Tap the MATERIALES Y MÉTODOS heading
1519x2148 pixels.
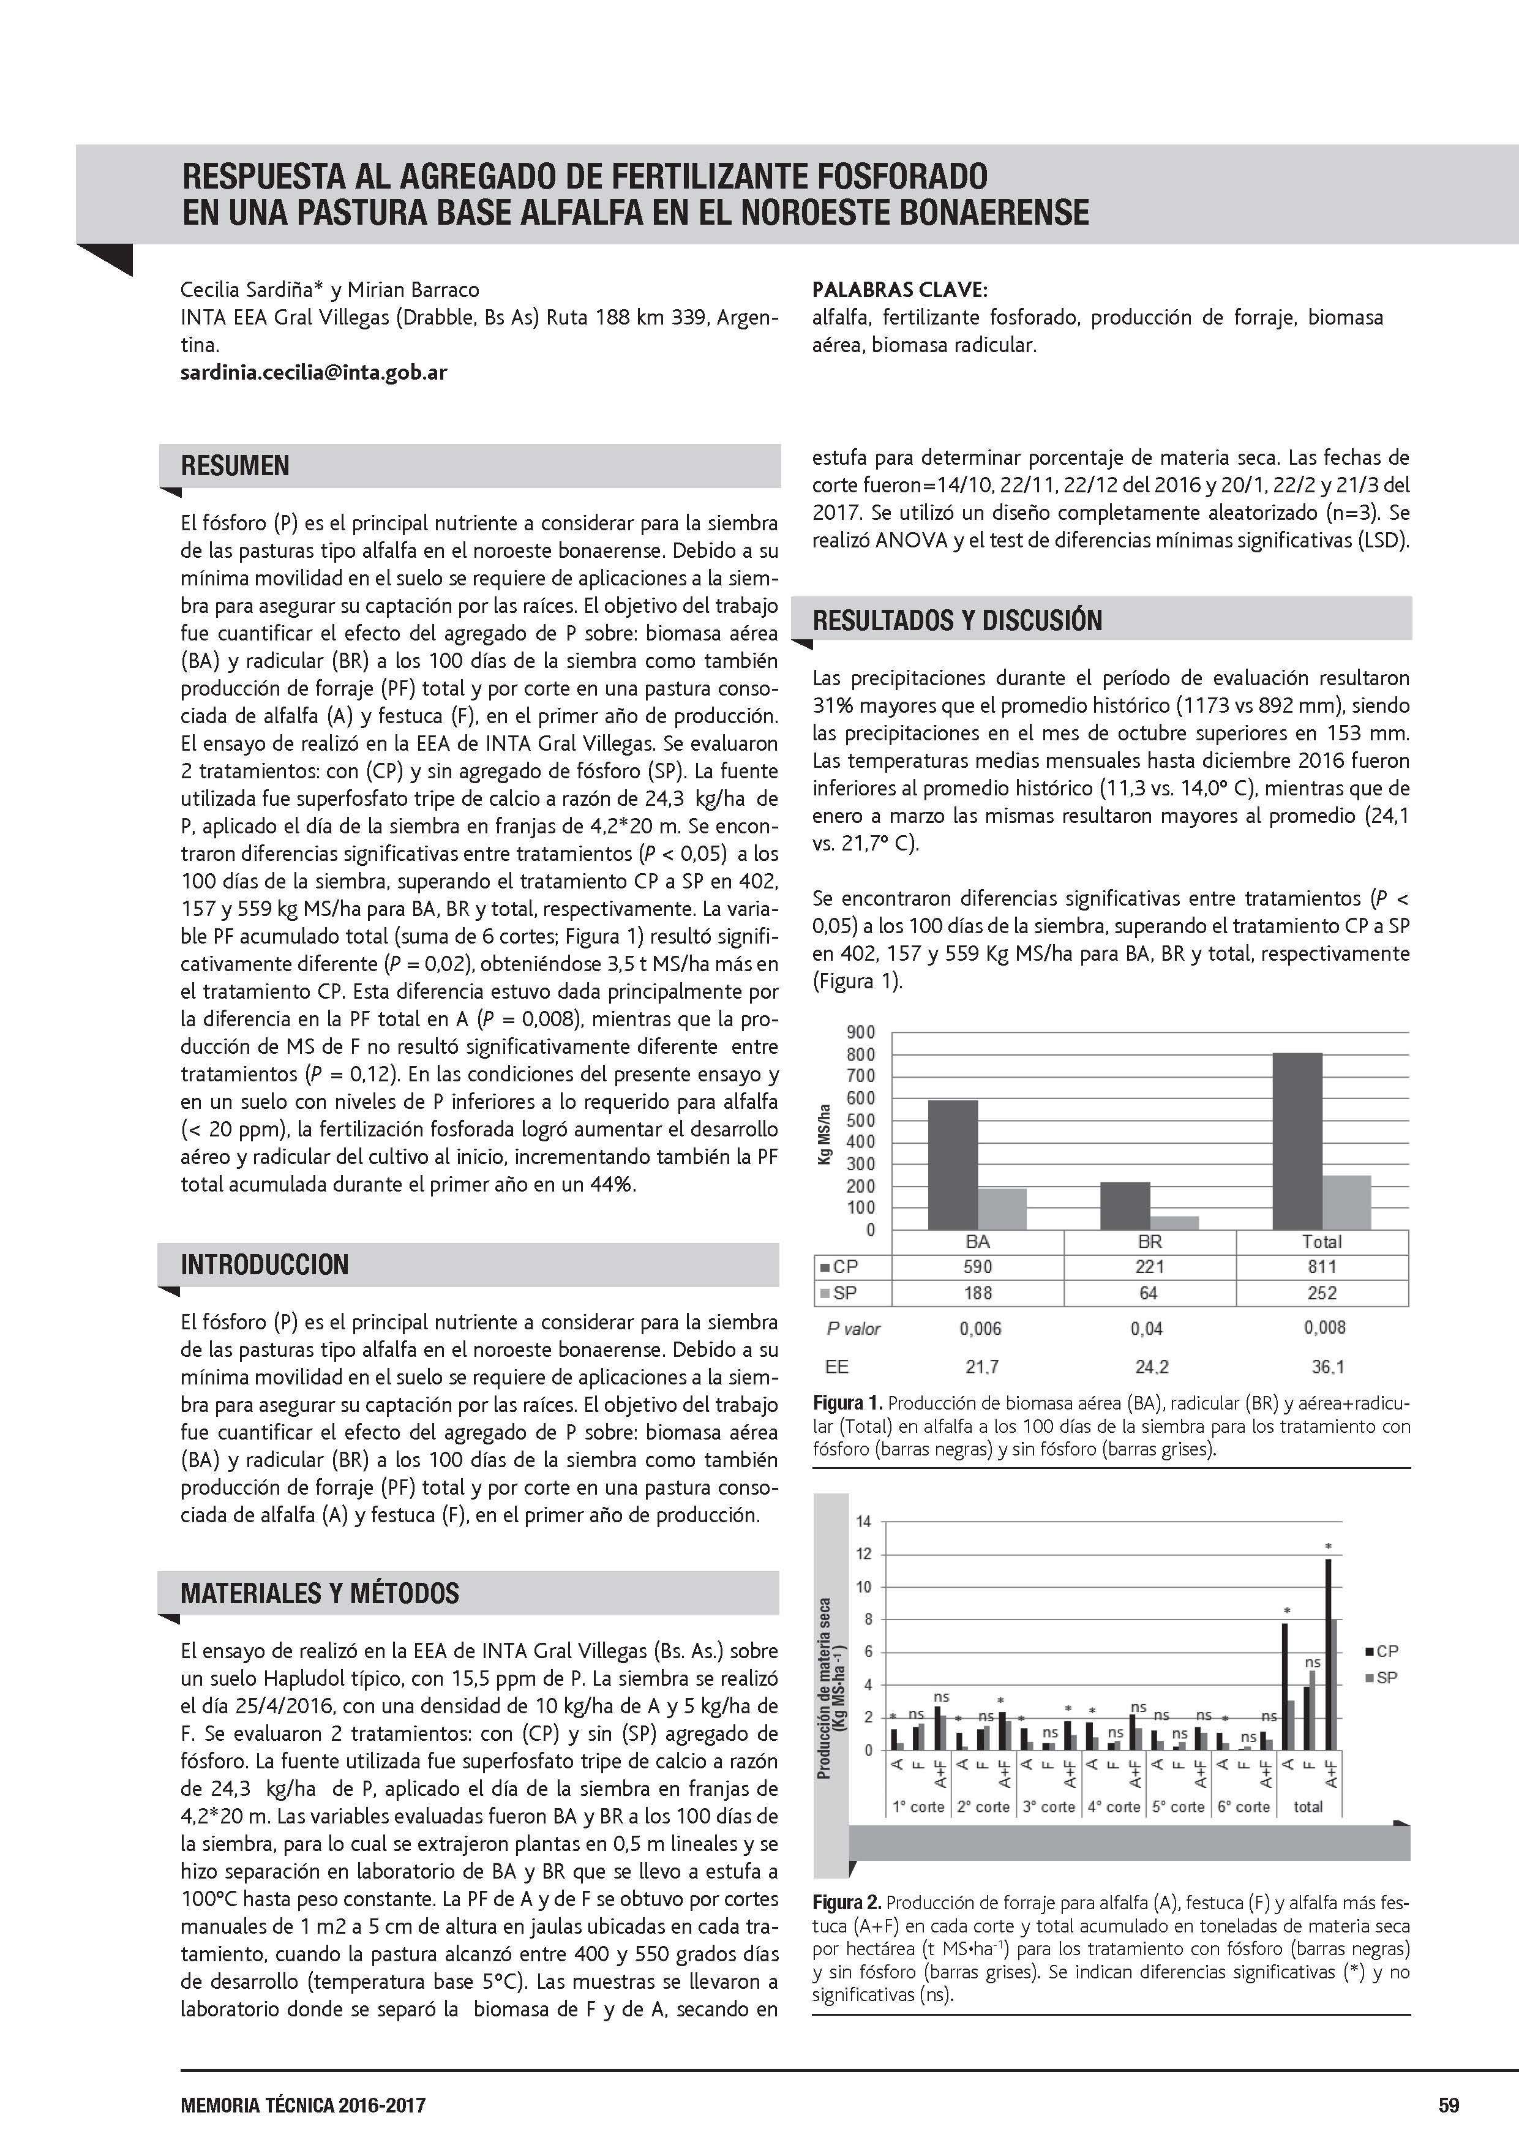pyautogui.click(x=320, y=1593)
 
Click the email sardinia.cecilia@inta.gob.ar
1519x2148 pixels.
pyautogui.click(x=313, y=372)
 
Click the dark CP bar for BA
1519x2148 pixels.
pyautogui.click(x=952, y=1164)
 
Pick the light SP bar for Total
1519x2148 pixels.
pyautogui.click(x=1346, y=1202)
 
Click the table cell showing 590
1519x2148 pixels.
pyautogui.click(x=977, y=1267)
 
